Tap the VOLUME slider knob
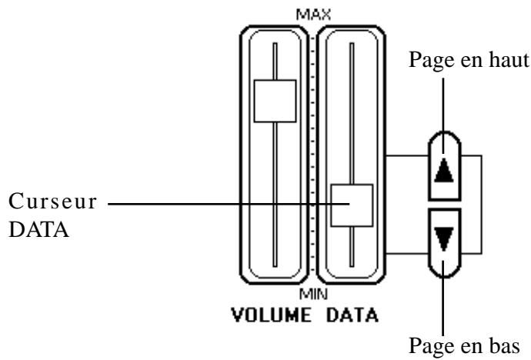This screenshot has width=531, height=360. coord(274,100)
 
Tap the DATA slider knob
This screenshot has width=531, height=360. coord(351,205)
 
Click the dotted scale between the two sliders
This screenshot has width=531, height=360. coord(313,154)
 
